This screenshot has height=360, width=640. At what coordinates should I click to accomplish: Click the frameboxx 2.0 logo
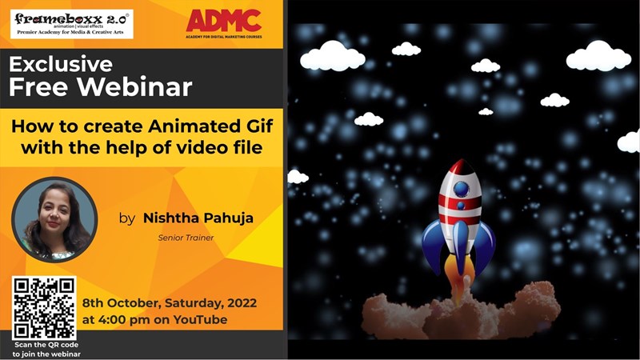coord(71,23)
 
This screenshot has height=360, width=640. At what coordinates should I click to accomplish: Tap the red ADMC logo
coord(223,23)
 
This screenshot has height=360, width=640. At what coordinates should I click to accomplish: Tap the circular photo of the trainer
coord(54,219)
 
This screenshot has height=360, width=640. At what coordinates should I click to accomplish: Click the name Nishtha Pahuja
coord(198,218)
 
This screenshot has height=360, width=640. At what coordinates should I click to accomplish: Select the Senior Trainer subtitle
coord(186,237)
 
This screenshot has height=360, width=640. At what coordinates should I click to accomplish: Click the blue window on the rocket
coord(461,190)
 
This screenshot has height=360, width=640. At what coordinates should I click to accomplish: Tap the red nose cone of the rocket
coord(459,170)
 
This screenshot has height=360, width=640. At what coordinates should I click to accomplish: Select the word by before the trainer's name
coord(126,218)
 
